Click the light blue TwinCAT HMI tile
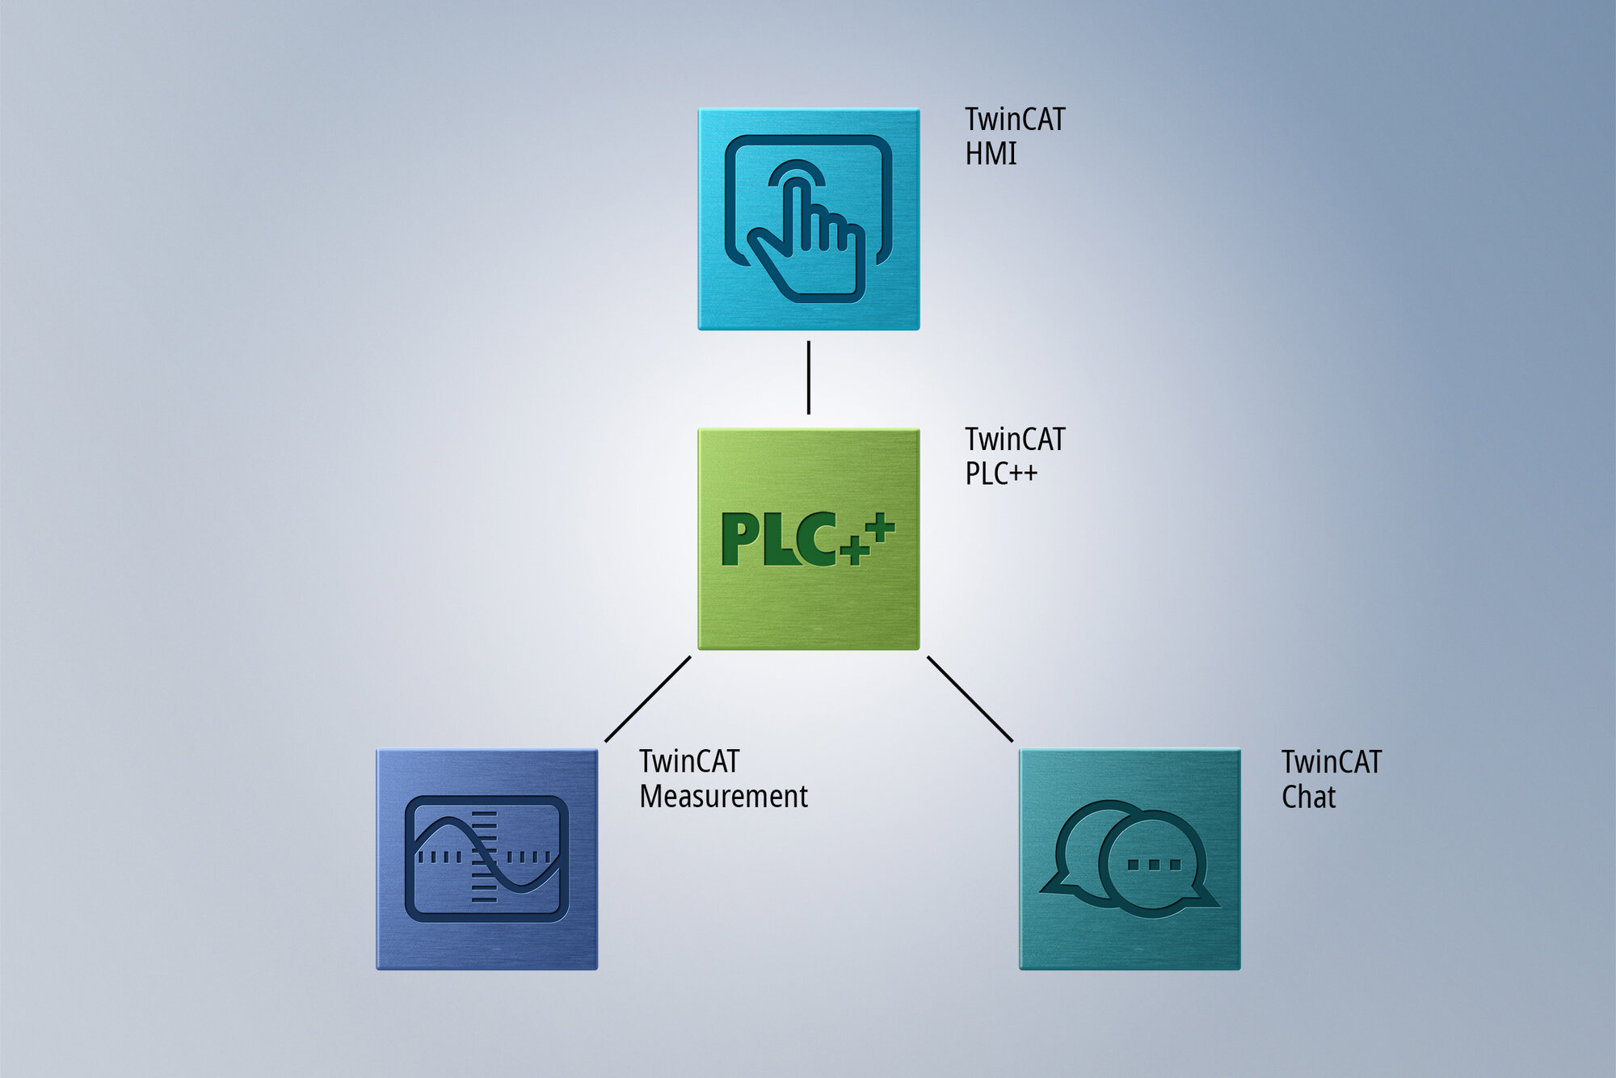809,219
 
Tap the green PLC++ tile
809,539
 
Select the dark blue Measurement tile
487,859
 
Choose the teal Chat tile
1130,859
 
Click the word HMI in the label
991,154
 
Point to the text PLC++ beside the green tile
1001,474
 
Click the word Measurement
723,797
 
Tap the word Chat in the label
1308,798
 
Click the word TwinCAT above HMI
1015,120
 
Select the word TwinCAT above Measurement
689,761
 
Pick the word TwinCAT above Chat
1332,762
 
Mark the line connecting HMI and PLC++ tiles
809,377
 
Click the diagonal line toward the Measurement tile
648,699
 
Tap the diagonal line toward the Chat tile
970,699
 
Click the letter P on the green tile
739,539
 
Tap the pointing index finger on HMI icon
796,214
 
